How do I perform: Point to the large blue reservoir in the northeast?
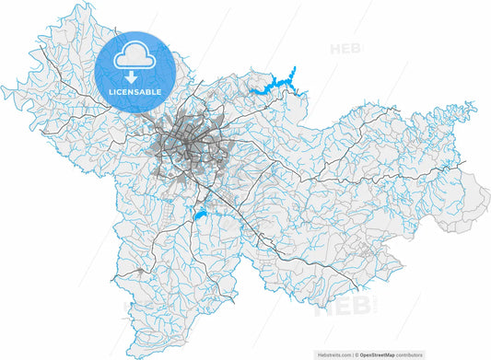click(276, 85)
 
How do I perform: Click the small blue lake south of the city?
click(200, 215)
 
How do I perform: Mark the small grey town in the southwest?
click(139, 272)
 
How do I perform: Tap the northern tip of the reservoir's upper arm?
click(294, 67)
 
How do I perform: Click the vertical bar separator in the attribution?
click(355, 354)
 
